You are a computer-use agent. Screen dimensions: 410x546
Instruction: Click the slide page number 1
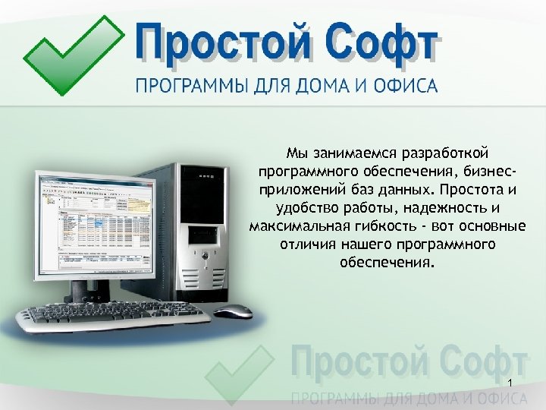pyautogui.click(x=512, y=382)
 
